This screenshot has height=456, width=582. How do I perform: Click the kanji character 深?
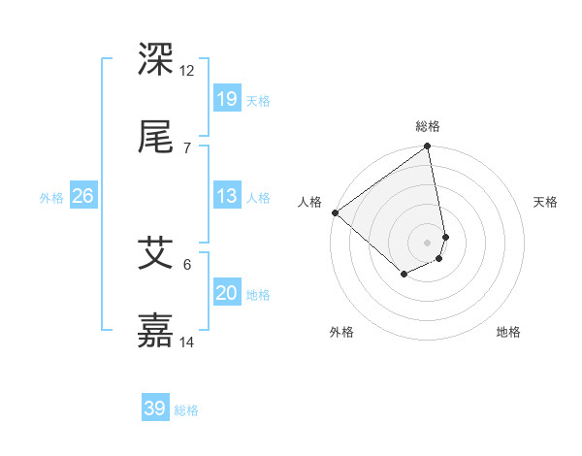(157, 60)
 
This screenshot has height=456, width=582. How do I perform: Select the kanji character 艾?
(157, 253)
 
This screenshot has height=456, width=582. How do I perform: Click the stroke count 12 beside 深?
(187, 71)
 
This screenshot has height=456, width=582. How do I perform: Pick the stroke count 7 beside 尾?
(186, 147)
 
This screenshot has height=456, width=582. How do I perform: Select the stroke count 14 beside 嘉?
(187, 342)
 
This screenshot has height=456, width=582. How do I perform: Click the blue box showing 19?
(227, 99)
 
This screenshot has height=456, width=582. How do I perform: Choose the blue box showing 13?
(227, 196)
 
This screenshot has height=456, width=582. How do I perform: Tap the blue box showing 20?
(227, 293)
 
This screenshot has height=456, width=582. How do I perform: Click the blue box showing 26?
(82, 196)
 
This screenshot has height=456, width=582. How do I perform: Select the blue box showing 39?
(155, 408)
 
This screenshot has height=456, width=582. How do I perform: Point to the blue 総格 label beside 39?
(187, 410)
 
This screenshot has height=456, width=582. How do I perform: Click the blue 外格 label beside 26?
(51, 198)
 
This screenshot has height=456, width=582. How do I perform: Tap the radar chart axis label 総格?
(428, 126)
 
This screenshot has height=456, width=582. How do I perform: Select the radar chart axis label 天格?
(546, 202)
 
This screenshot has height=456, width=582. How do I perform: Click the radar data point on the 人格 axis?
(335, 212)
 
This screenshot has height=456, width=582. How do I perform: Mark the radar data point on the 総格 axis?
(428, 147)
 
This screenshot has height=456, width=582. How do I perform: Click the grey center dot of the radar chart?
(428, 242)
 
